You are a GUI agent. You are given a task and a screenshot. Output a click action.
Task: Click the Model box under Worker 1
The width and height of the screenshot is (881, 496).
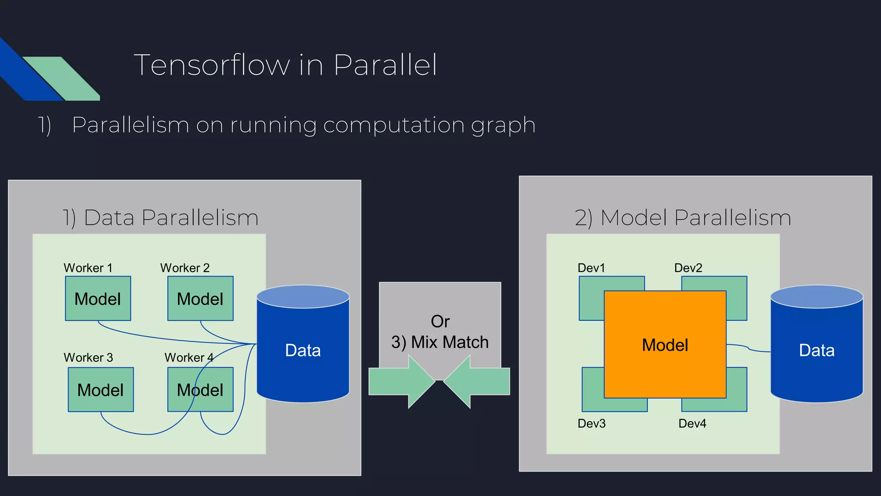[98, 298]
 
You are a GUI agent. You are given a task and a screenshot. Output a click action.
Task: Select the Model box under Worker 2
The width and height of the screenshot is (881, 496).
[200, 298]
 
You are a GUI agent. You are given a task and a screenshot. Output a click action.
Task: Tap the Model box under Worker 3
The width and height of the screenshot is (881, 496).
[101, 390]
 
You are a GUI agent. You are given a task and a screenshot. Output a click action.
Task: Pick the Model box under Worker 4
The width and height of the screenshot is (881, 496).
[200, 390]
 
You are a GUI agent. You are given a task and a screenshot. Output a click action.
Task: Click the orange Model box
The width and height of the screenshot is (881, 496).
[665, 344]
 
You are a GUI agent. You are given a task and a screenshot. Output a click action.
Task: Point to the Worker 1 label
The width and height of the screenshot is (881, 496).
[88, 268]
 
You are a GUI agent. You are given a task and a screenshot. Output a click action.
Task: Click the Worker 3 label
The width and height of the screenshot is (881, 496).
[88, 357]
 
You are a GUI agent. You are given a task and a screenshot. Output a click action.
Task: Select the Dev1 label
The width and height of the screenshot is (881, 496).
[591, 268]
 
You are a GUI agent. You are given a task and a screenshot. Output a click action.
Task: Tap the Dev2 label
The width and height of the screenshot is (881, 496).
[688, 268]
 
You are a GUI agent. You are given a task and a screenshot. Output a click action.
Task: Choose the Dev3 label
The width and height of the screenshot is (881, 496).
[591, 423]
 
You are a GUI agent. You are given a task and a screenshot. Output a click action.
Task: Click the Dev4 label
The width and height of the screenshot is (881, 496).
[692, 423]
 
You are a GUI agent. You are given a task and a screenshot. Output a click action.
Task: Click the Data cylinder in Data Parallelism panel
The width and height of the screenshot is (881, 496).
[303, 350]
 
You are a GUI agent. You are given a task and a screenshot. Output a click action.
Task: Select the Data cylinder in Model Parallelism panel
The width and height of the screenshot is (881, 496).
[816, 350]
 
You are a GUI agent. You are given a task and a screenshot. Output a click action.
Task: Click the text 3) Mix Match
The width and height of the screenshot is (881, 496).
[440, 342]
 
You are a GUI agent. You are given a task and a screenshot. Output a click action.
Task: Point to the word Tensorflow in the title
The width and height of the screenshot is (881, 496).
[212, 65]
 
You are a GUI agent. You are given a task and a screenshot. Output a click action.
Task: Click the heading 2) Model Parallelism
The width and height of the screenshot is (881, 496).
[683, 217]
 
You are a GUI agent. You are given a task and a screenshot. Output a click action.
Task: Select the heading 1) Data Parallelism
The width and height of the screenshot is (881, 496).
[160, 217]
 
